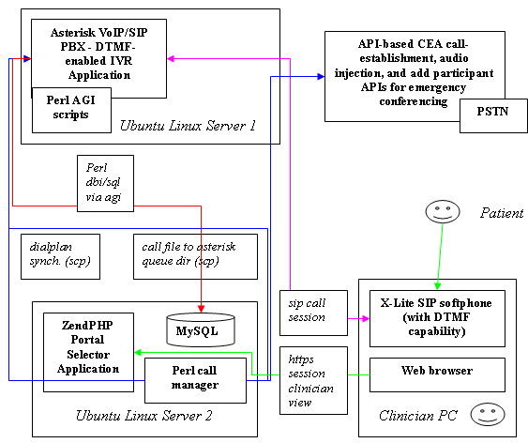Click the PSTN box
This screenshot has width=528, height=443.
pos(493,115)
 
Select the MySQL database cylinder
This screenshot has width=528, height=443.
pos(201,330)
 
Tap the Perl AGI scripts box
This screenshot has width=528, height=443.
pos(71,110)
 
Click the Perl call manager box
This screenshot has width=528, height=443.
pos(195,380)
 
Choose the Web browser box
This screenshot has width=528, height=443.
pos(437,374)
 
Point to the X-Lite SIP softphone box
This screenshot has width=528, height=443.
pos(437,318)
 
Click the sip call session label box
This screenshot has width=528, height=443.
pos(313,313)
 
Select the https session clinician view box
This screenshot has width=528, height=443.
pos(313,380)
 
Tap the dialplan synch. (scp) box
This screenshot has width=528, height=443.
pos(60,257)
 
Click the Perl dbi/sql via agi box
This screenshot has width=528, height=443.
pos(105,183)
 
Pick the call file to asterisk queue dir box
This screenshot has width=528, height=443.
pos(195,257)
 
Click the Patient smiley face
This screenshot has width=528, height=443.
pos(443,211)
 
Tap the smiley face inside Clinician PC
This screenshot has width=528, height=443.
pos(488,414)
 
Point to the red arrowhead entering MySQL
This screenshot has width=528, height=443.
pos(201,309)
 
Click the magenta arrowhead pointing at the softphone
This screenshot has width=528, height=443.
pos(366,318)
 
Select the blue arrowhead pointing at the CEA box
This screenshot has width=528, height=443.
pos(321,76)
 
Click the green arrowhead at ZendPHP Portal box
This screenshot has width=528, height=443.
pos(138,352)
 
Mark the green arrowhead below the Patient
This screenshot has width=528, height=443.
pos(437,286)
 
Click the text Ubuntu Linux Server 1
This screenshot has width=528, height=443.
pos(188,126)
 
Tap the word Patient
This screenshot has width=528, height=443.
pos(502,213)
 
